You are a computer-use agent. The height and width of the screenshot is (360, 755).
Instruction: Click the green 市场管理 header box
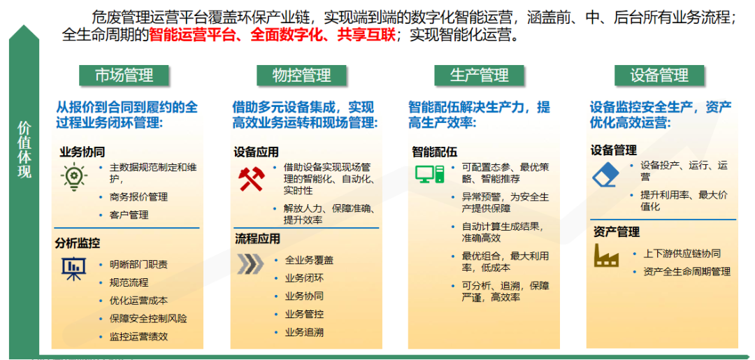click(x=124, y=75)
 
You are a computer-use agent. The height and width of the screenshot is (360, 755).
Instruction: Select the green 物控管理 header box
click(x=301, y=75)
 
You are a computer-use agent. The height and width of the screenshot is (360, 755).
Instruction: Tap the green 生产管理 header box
click(x=480, y=75)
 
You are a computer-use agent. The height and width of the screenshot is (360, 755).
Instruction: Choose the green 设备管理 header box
click(x=659, y=75)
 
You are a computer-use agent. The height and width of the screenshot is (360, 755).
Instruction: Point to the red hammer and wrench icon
click(x=250, y=179)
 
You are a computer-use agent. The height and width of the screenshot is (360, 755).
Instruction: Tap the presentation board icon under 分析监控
click(x=72, y=268)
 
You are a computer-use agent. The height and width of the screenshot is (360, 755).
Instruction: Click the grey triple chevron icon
click(x=250, y=264)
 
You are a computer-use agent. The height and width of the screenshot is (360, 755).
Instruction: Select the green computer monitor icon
click(x=427, y=175)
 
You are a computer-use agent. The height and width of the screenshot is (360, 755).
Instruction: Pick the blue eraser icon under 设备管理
click(x=605, y=175)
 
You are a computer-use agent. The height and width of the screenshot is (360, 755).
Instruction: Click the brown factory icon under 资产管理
click(x=605, y=257)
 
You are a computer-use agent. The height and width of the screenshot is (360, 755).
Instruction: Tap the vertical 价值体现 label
click(x=24, y=150)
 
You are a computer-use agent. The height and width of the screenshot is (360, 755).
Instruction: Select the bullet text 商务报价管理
click(x=138, y=197)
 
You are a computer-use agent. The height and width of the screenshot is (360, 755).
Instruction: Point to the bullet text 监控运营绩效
click(x=138, y=336)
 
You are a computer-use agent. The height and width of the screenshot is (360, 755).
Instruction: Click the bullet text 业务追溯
click(x=304, y=332)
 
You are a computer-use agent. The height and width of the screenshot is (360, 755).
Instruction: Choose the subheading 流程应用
click(x=257, y=239)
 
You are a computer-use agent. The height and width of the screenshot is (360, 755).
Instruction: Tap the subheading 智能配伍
click(x=434, y=151)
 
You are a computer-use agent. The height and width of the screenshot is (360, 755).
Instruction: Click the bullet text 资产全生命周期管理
click(x=686, y=271)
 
